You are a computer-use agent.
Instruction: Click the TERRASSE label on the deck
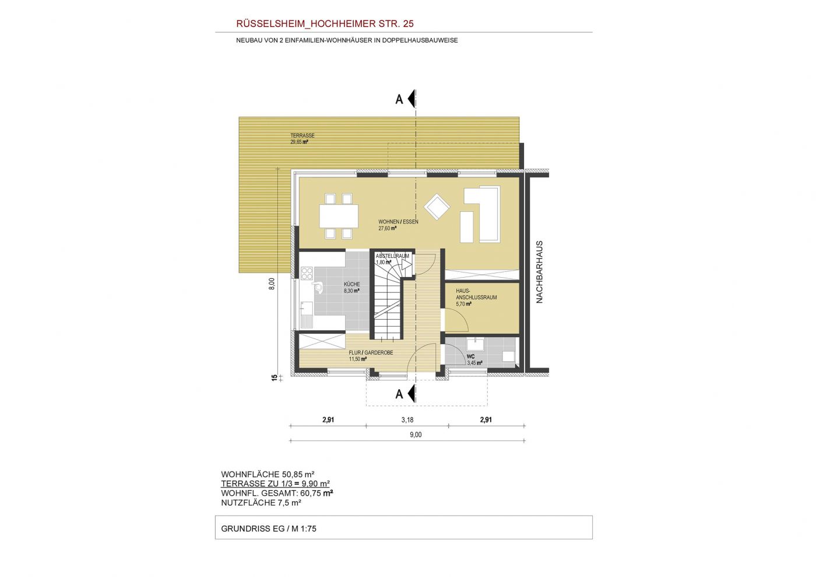(303, 136)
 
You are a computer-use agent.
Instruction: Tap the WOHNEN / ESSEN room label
(398, 222)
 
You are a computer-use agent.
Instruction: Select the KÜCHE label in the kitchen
(352, 284)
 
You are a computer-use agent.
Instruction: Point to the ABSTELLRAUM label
(392, 256)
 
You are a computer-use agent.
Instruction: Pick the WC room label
(471, 356)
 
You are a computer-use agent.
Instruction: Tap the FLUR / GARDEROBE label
(371, 353)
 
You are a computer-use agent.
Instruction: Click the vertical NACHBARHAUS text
(540, 272)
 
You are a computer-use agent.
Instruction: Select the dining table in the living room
(339, 216)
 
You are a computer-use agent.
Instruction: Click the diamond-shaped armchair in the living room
(437, 207)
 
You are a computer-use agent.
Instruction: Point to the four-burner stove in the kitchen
(307, 273)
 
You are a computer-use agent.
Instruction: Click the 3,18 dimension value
(407, 420)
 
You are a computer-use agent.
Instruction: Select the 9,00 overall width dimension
(416, 435)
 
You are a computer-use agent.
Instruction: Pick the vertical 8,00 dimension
(272, 284)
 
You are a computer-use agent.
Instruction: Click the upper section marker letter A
(399, 99)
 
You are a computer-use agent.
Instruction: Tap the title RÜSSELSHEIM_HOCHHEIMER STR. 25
(325, 24)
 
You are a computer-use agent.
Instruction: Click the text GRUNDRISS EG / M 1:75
(269, 529)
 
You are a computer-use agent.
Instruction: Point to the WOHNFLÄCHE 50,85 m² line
(268, 474)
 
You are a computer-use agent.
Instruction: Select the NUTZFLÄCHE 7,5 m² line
(261, 502)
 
